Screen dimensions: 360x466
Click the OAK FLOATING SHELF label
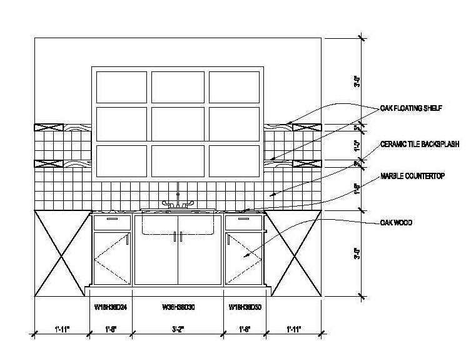pyautogui.click(x=412, y=108)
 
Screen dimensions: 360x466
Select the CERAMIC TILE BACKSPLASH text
pyautogui.click(x=420, y=144)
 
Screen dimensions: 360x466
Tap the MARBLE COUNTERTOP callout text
pyautogui.click(x=412, y=177)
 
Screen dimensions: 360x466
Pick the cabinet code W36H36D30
pyautogui.click(x=178, y=307)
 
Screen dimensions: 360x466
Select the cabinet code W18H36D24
pyautogui.click(x=111, y=307)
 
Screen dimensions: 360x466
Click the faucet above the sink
pyautogui.click(x=178, y=200)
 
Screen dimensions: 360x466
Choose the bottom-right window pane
pyautogui.click(x=234, y=161)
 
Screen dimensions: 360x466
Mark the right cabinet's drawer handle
pyautogui.click(x=245, y=220)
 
